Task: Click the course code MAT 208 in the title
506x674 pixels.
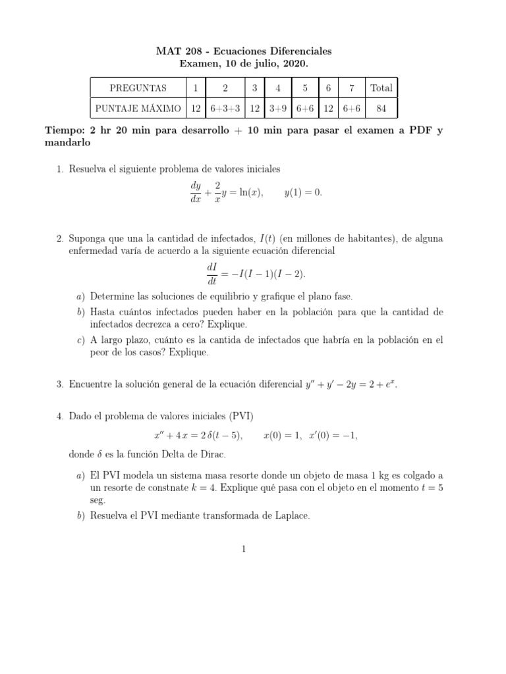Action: coord(178,51)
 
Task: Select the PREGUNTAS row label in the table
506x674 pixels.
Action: coord(138,88)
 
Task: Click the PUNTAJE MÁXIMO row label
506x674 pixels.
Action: coord(138,107)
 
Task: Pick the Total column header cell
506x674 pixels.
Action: coord(381,88)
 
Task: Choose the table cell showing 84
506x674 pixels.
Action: coord(381,107)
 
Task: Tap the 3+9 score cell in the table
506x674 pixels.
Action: coord(278,107)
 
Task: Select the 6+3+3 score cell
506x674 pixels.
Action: coord(225,107)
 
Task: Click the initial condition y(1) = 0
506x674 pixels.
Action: coord(303,192)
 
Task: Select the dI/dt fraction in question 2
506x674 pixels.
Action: coord(212,274)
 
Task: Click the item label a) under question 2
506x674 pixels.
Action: coord(80,296)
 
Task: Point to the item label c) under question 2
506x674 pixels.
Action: coord(80,340)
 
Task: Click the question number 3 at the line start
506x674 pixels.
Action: coord(59,384)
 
